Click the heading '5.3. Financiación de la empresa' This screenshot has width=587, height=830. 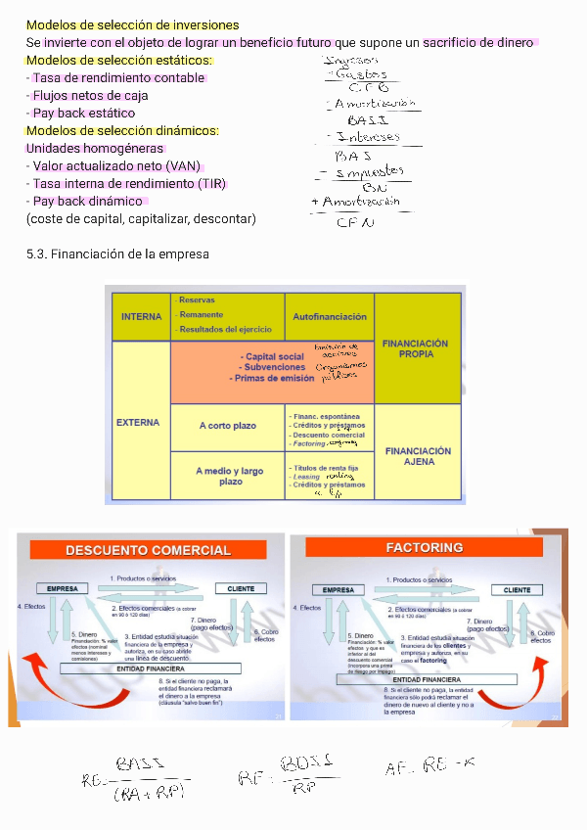tap(117, 254)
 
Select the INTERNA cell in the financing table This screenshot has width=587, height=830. tap(141, 317)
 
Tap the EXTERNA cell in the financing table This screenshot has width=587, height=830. tap(138, 423)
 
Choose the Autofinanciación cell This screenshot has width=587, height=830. tap(330, 317)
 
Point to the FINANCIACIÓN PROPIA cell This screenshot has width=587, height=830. tap(416, 348)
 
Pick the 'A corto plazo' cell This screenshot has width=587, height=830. tap(228, 426)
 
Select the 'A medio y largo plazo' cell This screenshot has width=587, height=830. tap(228, 477)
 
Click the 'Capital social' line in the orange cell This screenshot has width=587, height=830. tap(274, 356)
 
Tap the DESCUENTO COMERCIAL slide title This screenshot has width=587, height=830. tap(148, 550)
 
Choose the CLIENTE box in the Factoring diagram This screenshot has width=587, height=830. tap(517, 590)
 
